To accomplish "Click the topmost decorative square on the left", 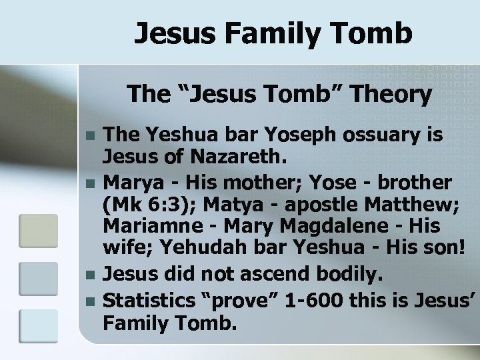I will (38, 230).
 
